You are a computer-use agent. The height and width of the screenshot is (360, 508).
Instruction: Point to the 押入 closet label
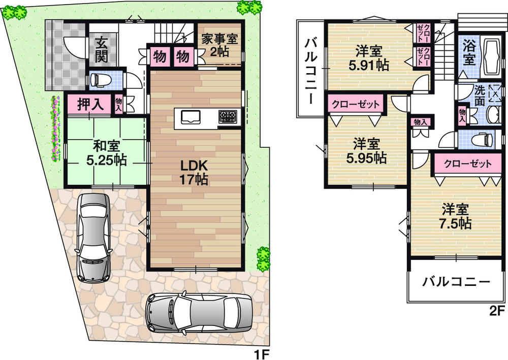pos(91,105)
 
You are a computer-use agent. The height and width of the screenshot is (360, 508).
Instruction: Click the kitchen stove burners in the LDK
pos(228,117)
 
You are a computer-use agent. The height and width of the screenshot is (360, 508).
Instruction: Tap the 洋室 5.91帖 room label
pos(370,58)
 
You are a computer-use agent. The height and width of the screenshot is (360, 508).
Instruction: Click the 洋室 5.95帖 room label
pos(366,151)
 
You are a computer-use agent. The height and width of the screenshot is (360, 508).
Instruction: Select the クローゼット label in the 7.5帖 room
pos(467,163)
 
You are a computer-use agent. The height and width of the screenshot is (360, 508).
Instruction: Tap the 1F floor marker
pos(260,352)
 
